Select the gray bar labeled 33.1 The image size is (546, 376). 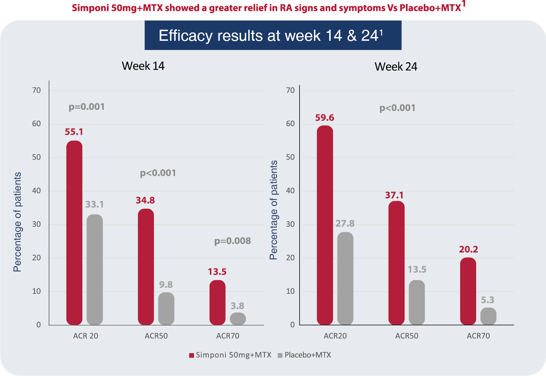[95, 270]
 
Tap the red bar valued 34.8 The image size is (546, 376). [146, 267]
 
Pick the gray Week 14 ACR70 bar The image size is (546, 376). [238, 319]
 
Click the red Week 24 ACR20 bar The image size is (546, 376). [325, 225]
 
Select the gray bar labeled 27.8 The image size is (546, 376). [345, 278]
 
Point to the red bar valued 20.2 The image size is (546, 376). [468, 291]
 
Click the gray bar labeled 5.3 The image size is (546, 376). [488, 316]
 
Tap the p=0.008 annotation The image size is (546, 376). [232, 241]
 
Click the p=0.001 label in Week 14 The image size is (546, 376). [86, 107]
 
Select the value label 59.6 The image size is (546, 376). [324, 118]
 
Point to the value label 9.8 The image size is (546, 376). [166, 285]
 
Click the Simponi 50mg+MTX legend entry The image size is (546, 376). [230, 355]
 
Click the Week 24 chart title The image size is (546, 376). [396, 66]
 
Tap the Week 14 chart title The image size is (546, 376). [143, 66]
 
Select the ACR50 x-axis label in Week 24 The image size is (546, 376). [407, 336]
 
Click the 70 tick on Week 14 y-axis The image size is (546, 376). [36, 91]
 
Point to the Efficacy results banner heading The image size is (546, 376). [272, 35]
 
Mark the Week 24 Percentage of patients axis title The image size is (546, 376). [274, 210]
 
